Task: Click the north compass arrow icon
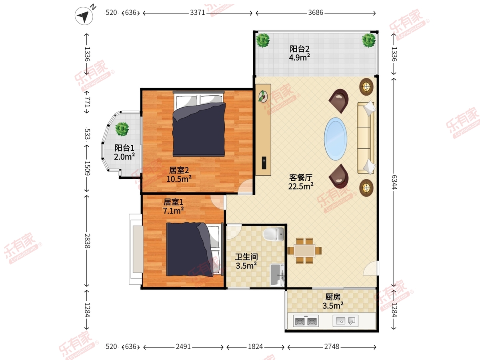84,16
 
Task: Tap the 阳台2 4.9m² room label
300,53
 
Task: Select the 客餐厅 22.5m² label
301,181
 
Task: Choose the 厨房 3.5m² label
333,301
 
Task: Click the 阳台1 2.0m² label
124,152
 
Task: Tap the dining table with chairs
305,251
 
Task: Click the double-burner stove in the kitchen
306,321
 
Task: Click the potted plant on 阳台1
122,129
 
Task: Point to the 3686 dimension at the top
316,13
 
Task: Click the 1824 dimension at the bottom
255,346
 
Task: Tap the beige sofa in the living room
366,138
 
